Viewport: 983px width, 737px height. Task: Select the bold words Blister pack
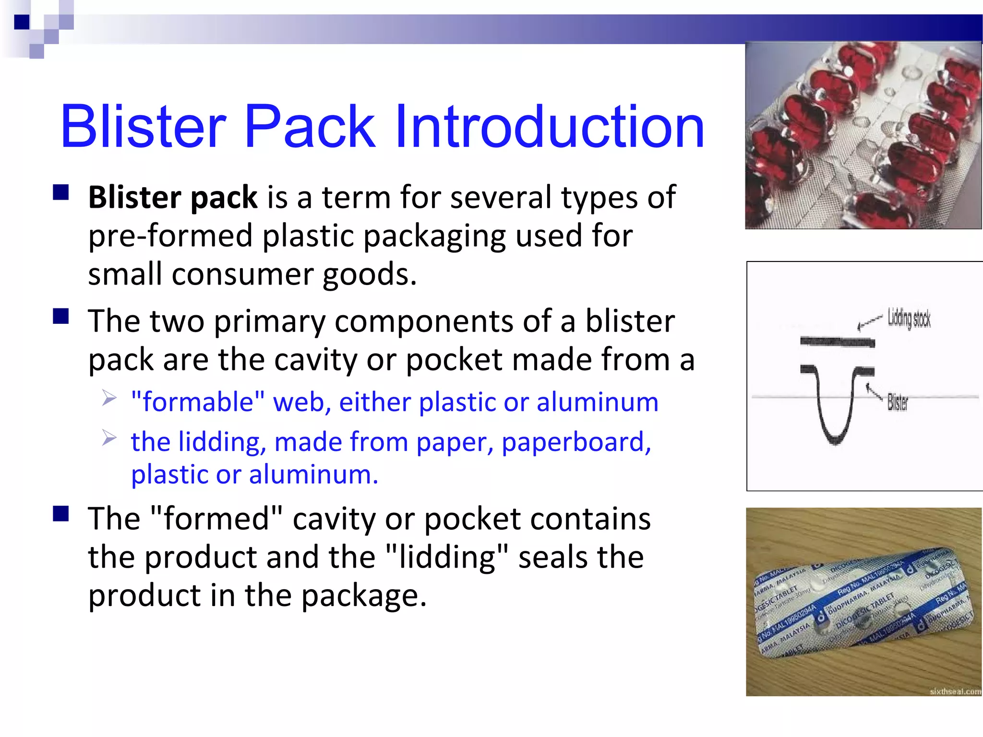(x=173, y=197)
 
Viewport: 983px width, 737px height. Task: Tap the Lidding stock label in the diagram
(x=909, y=318)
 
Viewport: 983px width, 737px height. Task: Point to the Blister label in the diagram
(x=897, y=402)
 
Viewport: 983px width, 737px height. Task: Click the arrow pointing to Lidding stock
(x=869, y=323)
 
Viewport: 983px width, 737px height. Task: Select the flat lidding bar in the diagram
(x=837, y=342)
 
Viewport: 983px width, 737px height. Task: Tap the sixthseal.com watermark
(x=955, y=691)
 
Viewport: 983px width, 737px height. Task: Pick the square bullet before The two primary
(x=61, y=317)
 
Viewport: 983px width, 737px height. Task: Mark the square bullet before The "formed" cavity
(x=61, y=514)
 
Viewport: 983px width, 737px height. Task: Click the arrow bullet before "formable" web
(x=109, y=398)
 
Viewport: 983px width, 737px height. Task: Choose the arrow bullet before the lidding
(x=109, y=438)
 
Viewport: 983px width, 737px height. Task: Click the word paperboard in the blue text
(x=576, y=442)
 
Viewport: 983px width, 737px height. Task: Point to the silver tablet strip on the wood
(x=864, y=605)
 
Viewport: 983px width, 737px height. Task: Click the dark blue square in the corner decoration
(x=22, y=22)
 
